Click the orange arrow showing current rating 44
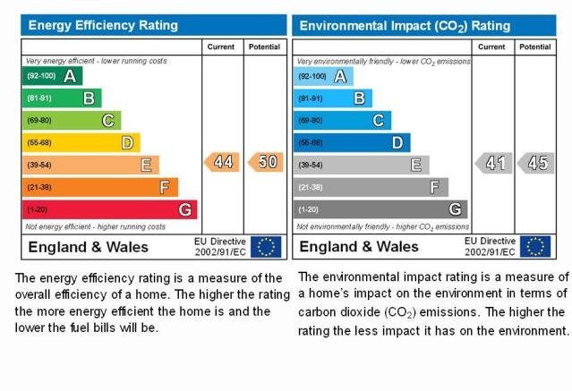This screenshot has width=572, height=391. pos(222,162)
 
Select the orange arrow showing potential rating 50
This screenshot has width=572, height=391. pos(266,162)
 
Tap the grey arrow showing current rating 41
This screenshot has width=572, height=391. pos(493,163)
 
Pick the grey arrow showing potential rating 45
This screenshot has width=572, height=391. pos(536,163)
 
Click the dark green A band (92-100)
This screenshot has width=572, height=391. pos(53,76)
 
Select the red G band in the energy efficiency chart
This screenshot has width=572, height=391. pos(110,209)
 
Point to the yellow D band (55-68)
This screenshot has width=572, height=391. pos(81,142)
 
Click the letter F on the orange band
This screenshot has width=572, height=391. pos(165,188)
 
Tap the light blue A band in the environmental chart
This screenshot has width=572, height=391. pos(323,76)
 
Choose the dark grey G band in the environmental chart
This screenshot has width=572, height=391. pos(380,209)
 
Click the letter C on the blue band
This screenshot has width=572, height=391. pos(379,121)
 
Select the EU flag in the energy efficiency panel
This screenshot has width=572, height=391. pos(266,247)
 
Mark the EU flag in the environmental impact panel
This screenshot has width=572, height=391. pos(535,247)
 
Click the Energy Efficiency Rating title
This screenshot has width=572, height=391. pos(103,26)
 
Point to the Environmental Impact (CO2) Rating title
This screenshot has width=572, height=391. pos(405,26)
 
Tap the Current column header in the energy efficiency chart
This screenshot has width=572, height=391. pos(221,47)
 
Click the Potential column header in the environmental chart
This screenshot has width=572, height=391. pos(535,47)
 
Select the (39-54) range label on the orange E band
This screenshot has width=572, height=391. pos(39,166)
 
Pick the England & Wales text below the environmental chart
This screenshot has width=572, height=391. pos(359,247)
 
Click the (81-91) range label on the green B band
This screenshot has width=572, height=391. pos(39,98)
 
